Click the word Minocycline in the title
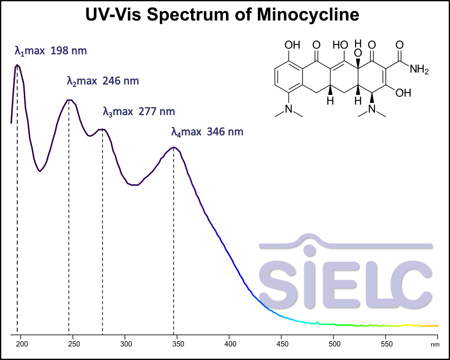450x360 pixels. tap(308, 15)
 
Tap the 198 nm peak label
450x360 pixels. tap(50, 50)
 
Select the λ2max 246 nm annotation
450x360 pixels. tap(103, 81)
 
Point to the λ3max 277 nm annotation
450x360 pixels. tap(139, 111)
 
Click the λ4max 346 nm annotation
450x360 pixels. tap(207, 132)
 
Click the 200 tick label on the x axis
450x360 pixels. tap(22, 344)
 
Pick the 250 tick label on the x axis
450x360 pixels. tap(74, 344)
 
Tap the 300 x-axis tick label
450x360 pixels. tap(126, 344)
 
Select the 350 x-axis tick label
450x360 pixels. tap(177, 344)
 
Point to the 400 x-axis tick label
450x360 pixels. tap(229, 344)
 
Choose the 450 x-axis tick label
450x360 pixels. tap(281, 344)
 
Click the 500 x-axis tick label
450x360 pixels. tap(333, 344)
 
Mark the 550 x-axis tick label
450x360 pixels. tap(385, 344)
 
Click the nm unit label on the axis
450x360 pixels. tap(434, 344)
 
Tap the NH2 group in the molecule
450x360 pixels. tap(419, 70)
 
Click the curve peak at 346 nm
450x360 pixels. tap(174, 147)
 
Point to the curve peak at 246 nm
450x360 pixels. tap(69, 100)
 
